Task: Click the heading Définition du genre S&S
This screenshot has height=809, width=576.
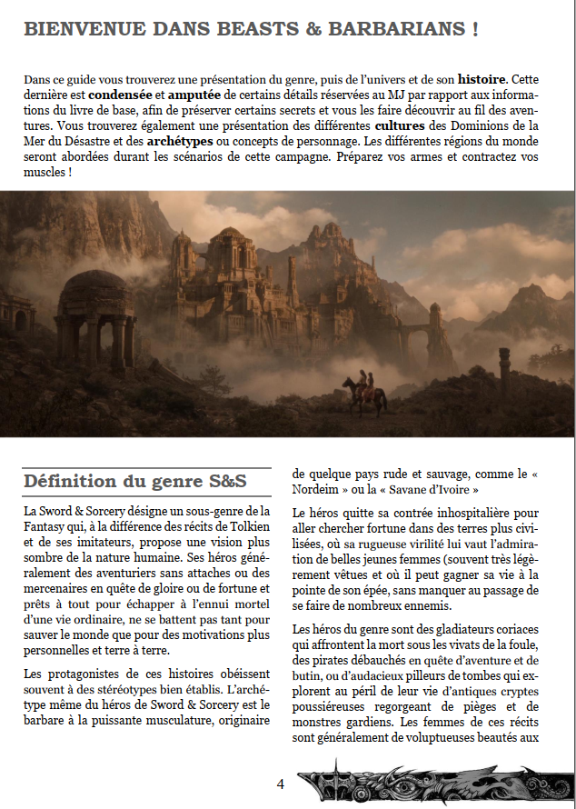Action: click(134, 481)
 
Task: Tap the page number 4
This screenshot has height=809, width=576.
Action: click(281, 783)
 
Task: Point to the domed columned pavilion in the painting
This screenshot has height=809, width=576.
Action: click(94, 319)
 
